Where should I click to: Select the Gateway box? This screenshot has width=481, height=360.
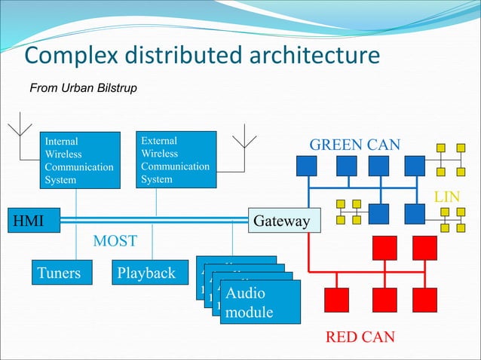coord(281,221)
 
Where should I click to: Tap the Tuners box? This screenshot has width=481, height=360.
coord(59,273)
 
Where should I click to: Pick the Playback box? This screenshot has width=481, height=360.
coord(146,273)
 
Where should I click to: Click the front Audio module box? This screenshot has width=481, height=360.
coord(259,302)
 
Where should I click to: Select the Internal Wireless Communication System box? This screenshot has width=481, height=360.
coord(79,160)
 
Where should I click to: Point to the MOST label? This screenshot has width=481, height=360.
coord(115,242)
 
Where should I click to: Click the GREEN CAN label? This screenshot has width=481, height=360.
coord(355,145)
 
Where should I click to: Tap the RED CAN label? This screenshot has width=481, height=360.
coord(360,337)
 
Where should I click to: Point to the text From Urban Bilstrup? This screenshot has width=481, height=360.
coord(83,89)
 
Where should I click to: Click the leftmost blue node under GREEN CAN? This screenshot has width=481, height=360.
coord(306,165)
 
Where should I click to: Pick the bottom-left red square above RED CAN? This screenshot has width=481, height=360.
coord(335,300)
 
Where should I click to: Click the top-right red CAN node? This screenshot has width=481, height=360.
coord(425,247)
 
